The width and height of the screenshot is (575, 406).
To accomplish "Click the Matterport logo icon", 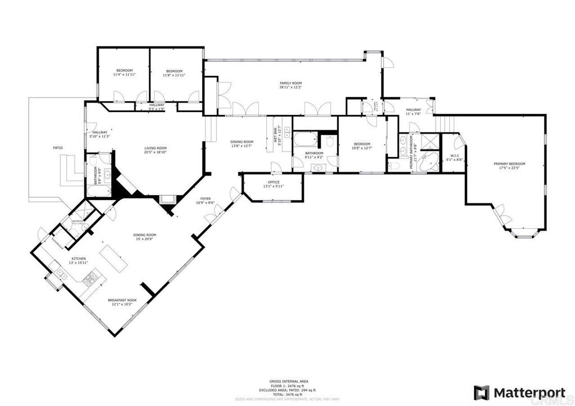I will point(481,392).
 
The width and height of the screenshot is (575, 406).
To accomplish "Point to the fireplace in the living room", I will point(167,199).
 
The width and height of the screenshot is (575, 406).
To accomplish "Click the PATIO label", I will point(58,148).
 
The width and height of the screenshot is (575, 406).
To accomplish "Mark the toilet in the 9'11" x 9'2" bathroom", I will point(330,142).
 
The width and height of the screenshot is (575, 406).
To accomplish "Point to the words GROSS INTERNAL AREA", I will point(287,381).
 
